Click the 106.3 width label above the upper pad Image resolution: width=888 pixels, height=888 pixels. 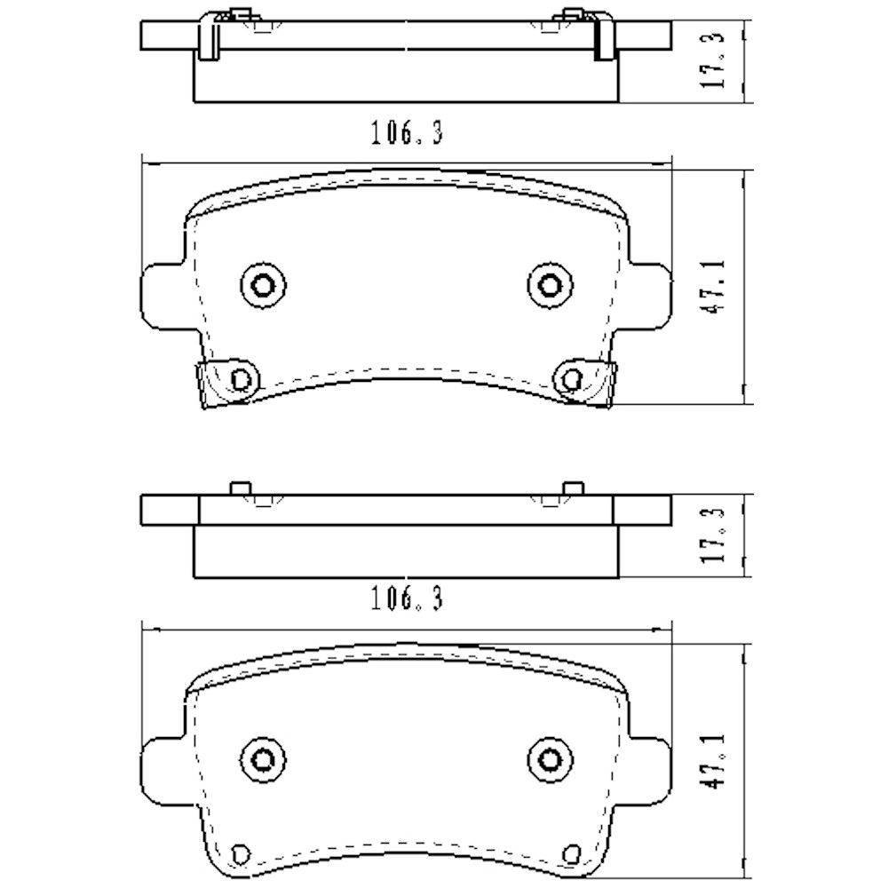[x=406, y=135]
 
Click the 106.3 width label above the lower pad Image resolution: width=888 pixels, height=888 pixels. [x=406, y=600]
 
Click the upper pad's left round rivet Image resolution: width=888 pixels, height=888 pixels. [x=263, y=285]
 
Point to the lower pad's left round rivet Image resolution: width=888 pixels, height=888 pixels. [x=263, y=757]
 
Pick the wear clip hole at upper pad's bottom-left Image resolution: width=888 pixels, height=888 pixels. [x=238, y=379]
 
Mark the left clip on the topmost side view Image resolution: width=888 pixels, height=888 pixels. [x=210, y=37]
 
